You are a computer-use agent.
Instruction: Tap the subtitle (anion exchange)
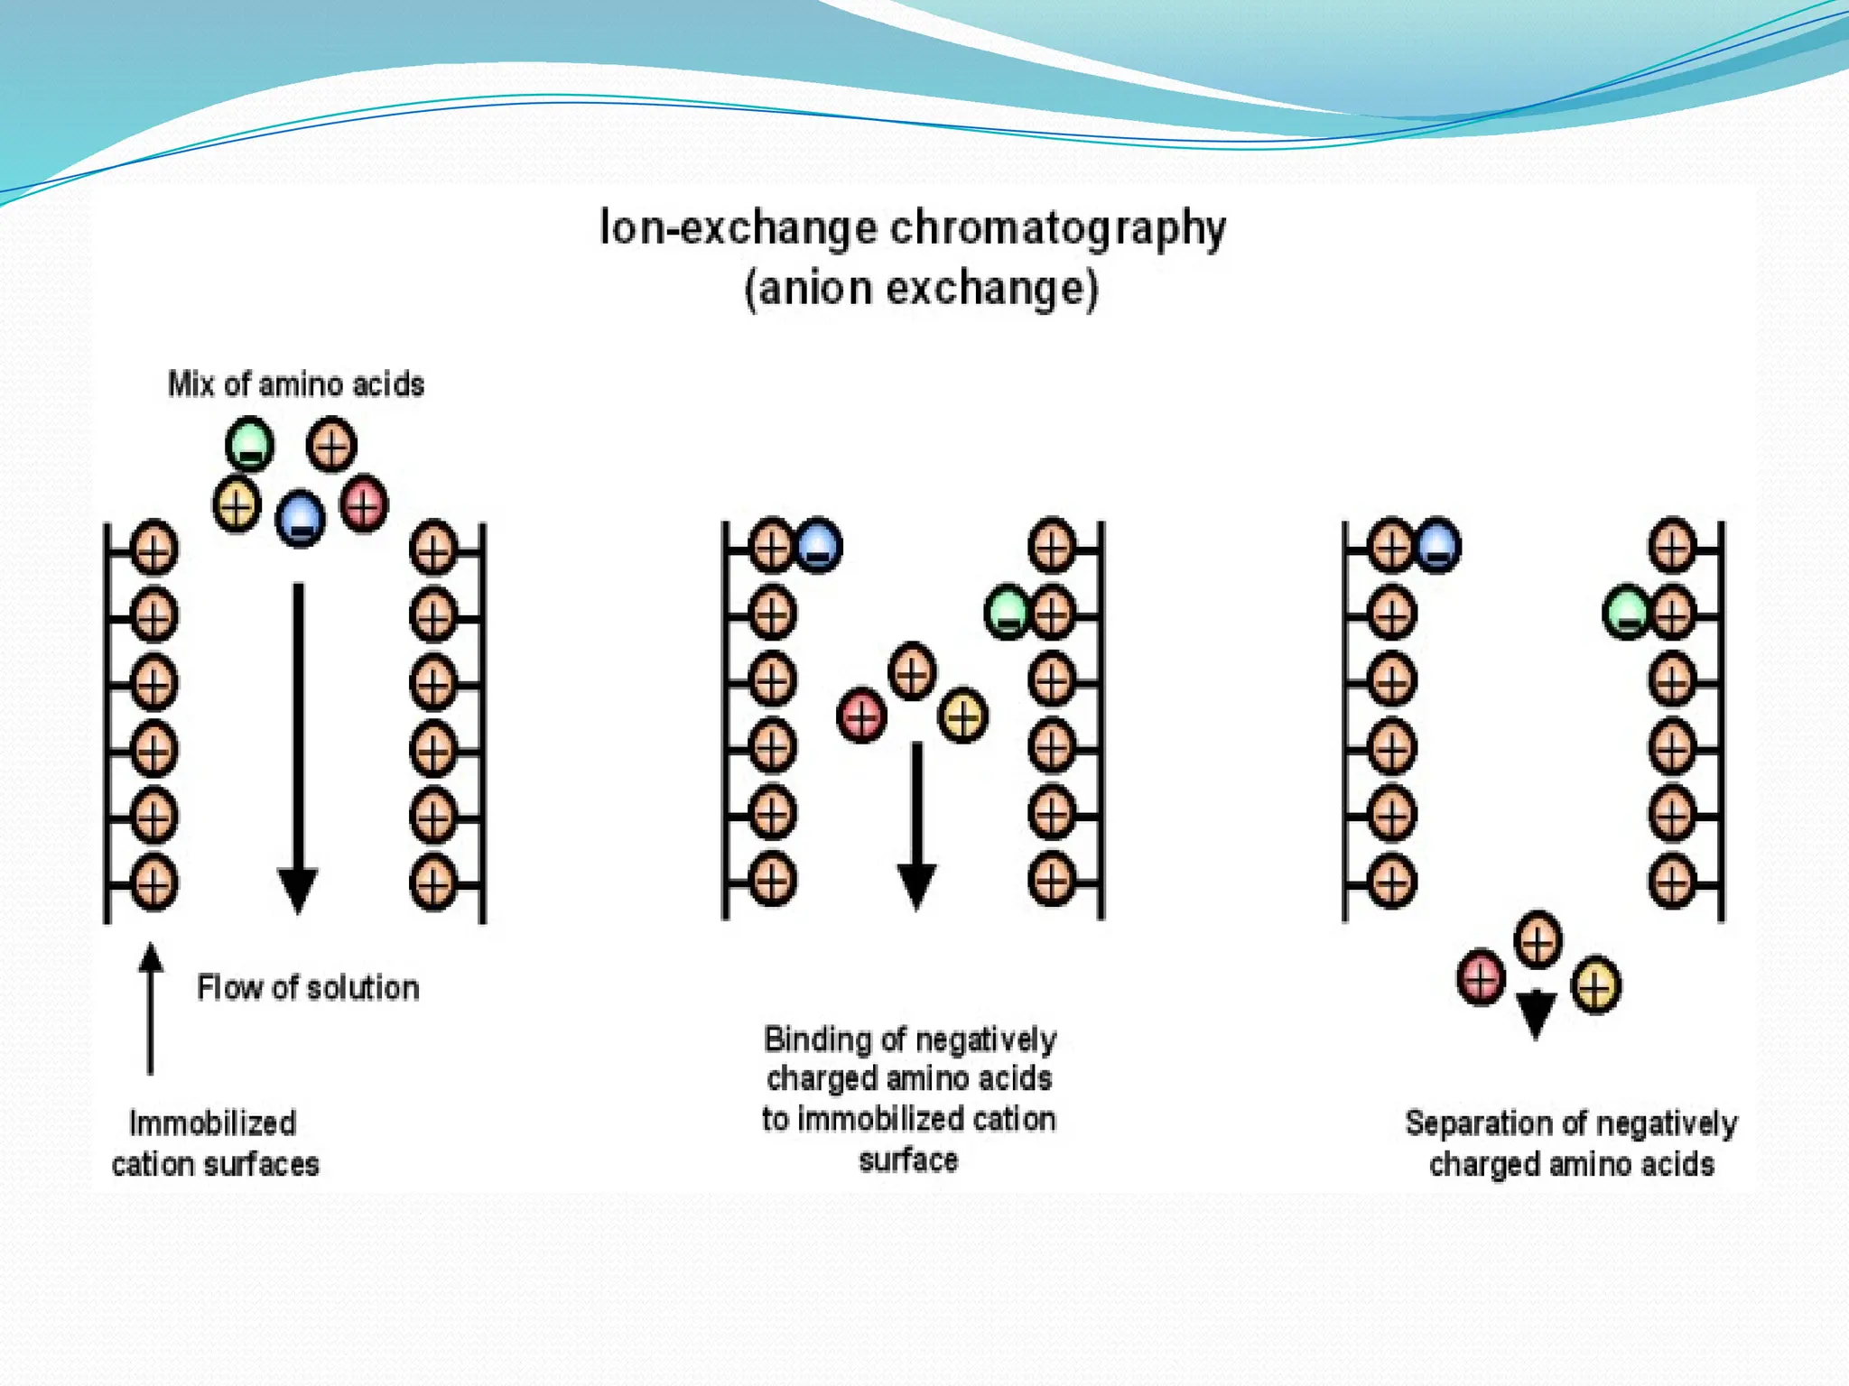click(921, 289)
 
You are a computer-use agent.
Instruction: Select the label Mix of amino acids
click(296, 384)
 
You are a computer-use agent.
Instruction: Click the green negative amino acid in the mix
click(249, 443)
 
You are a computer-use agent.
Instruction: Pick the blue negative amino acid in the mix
click(300, 518)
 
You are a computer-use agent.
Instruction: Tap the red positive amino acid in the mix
click(364, 504)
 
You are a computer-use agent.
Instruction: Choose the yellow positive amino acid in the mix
click(237, 504)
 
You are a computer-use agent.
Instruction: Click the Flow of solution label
click(308, 988)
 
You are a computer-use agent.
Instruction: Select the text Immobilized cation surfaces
click(214, 1143)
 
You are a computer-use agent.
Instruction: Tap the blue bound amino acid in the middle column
click(818, 545)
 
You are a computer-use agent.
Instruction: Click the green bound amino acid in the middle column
click(1007, 612)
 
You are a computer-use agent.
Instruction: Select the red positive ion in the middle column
click(861, 716)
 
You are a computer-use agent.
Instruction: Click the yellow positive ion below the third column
click(1595, 984)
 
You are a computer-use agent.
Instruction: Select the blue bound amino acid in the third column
click(1437, 545)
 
